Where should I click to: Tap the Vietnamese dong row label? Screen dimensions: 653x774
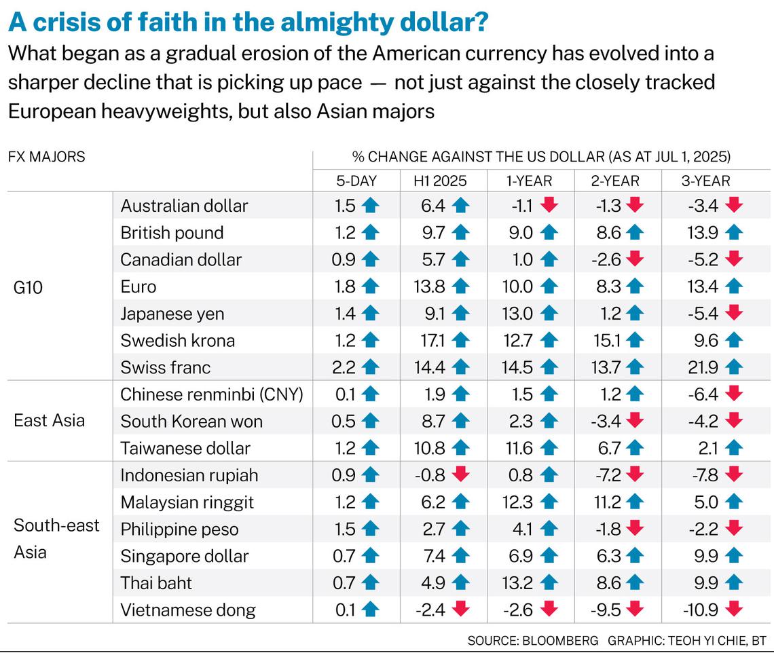pos(188,610)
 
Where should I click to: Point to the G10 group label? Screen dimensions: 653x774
pos(28,286)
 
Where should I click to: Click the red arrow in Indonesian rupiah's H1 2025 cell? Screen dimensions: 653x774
pos(461,475)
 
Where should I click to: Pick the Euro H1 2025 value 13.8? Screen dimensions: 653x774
pos(428,286)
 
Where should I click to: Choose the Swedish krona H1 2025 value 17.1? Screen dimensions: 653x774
pos(429,340)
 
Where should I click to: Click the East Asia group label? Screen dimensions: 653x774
pos(50,421)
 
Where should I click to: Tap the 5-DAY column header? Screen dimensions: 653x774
pos(356,180)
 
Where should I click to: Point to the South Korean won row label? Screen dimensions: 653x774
pos(191,421)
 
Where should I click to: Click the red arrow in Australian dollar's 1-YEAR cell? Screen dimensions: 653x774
pos(549,206)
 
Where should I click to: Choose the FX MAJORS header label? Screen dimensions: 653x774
pos(47,157)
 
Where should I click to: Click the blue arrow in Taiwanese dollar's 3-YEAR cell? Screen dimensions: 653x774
pos(733,448)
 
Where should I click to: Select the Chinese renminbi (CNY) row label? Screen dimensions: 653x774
pos(211,394)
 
